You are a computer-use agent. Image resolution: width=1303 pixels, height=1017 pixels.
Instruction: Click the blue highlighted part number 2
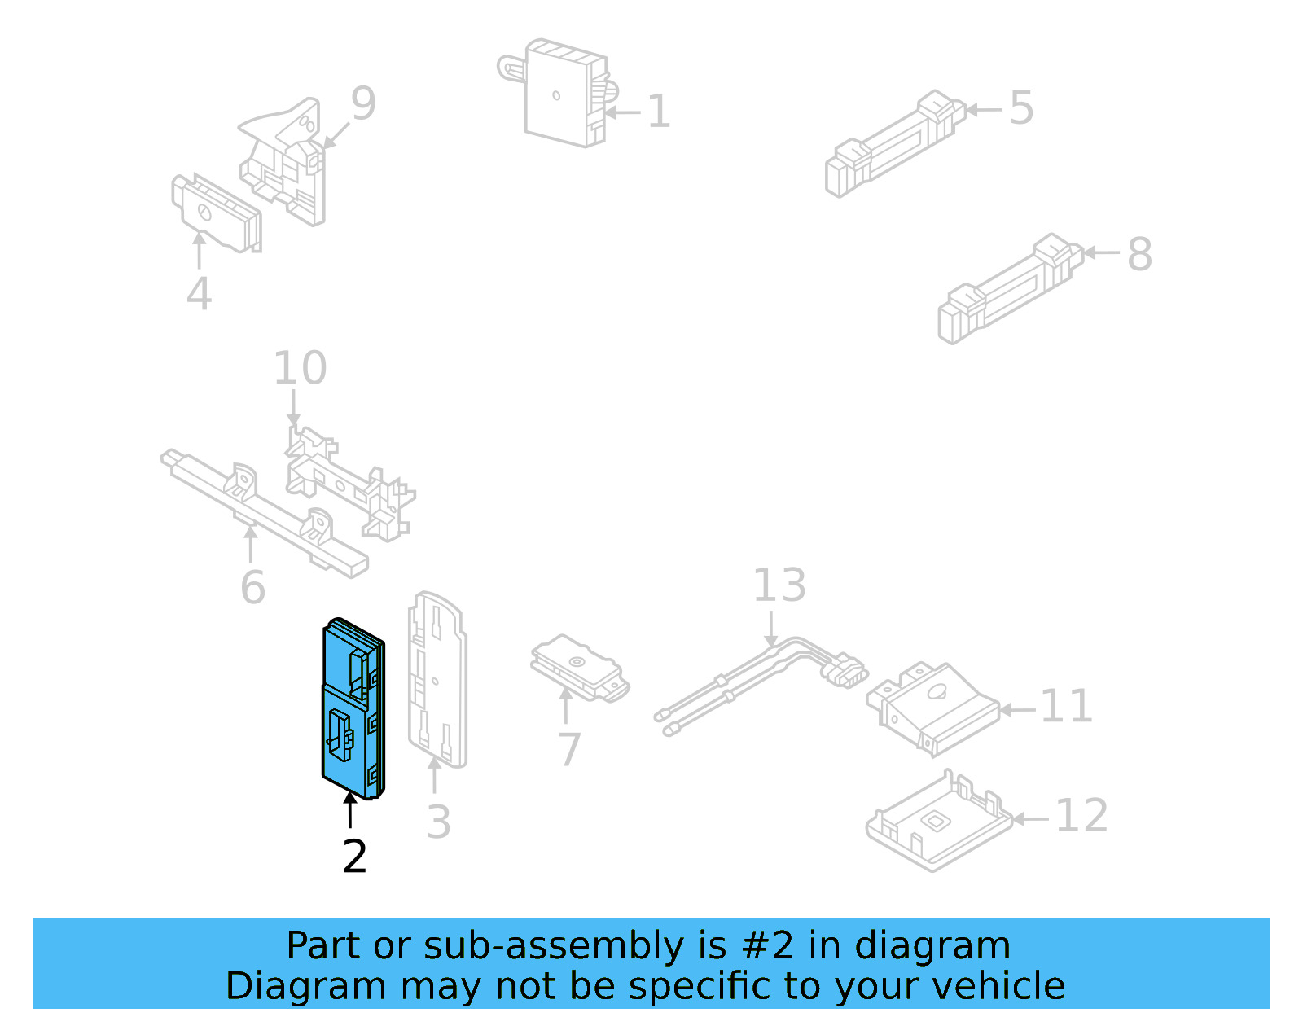[x=352, y=708]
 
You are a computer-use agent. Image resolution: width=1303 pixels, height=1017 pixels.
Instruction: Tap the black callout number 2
[x=355, y=857]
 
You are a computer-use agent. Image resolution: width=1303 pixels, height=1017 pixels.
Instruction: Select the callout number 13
[x=779, y=585]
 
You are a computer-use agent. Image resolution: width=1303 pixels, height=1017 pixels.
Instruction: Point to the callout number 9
[x=363, y=103]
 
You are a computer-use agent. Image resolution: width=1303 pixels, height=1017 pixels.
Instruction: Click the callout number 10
[x=300, y=368]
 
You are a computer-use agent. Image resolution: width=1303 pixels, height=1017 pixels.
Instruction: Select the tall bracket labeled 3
[x=437, y=680]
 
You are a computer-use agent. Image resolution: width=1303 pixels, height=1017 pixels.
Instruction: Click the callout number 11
[x=1066, y=706]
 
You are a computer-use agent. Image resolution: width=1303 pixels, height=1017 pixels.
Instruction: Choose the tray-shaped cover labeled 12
[x=937, y=822]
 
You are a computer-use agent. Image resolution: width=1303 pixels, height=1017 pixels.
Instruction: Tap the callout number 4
[x=199, y=293]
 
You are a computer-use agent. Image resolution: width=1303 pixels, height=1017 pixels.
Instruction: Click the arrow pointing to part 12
[x=1030, y=818]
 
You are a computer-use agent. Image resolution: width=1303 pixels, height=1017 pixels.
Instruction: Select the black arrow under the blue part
[x=350, y=809]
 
